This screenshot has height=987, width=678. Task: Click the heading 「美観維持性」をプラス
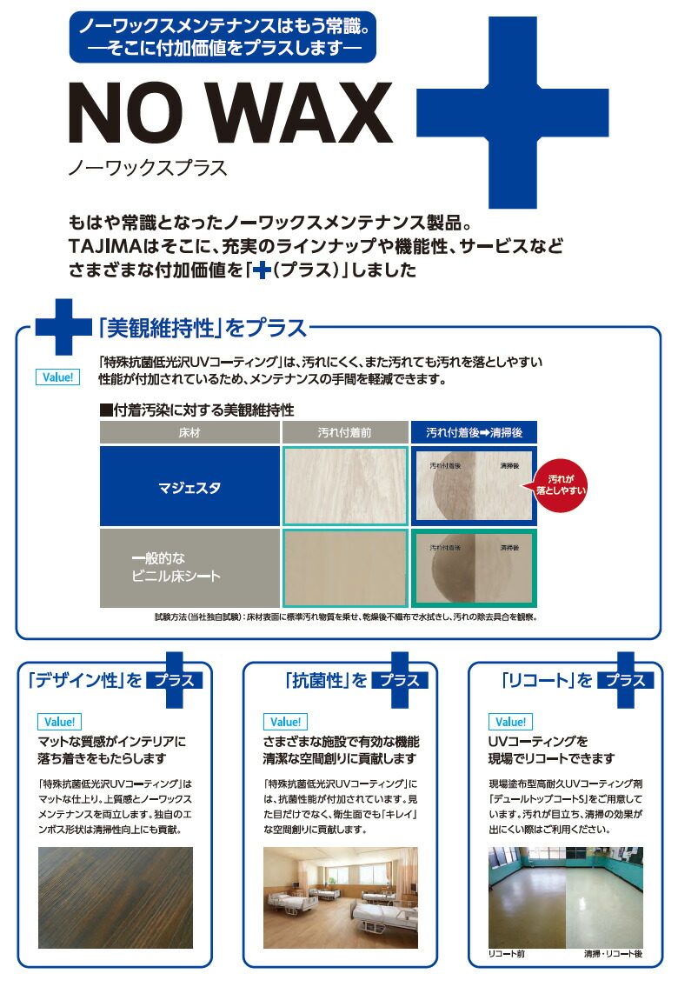pos(202,328)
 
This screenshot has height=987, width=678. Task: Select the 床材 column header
pos(189,432)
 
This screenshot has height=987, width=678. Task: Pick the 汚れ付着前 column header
pos(345,432)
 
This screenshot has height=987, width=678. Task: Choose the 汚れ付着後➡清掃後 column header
pos(474,432)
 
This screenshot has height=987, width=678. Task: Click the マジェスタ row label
pos(189,488)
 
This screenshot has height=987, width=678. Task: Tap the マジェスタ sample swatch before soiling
pos(345,486)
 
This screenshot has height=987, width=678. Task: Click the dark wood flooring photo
pos(116,897)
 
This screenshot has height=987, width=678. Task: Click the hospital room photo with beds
pos(340,897)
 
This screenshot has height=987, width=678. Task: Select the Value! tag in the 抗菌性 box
pos(284,722)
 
